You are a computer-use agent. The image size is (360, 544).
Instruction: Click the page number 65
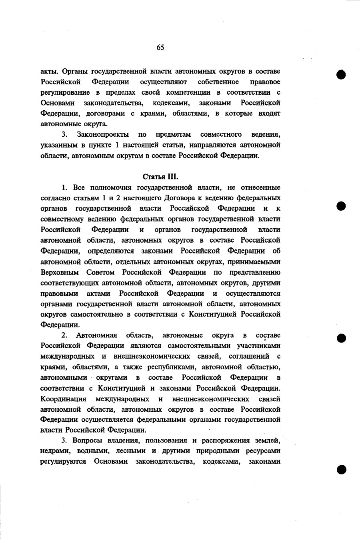click(x=160, y=48)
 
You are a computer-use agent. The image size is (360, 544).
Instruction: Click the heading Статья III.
click(x=160, y=176)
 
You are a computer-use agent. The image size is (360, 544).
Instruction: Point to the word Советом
click(x=100, y=273)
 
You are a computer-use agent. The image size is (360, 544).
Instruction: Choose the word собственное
click(x=218, y=82)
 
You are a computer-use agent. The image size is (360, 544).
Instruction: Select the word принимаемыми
click(x=257, y=262)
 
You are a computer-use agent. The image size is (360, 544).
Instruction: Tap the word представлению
click(x=255, y=273)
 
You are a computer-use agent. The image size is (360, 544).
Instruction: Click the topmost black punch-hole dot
click(x=341, y=75)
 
